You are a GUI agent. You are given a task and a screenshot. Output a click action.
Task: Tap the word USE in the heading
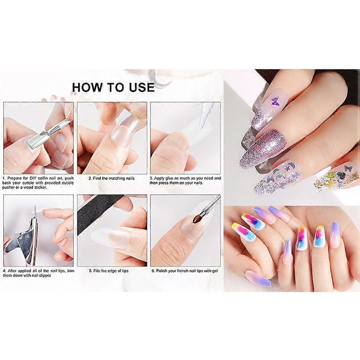pyautogui.click(x=141, y=87)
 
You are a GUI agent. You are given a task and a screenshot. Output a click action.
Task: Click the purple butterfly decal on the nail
pyautogui.click(x=275, y=101)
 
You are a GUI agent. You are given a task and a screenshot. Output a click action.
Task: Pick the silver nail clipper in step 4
pyautogui.click(x=23, y=239)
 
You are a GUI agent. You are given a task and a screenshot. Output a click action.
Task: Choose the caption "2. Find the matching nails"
pyautogui.click(x=111, y=178)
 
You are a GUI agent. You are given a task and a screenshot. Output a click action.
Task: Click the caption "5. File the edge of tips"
pyautogui.click(x=109, y=271)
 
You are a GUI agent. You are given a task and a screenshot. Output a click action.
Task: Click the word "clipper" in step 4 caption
pyautogui.click(x=44, y=275)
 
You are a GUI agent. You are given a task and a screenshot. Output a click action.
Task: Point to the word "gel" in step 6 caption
pyautogui.click(x=214, y=271)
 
